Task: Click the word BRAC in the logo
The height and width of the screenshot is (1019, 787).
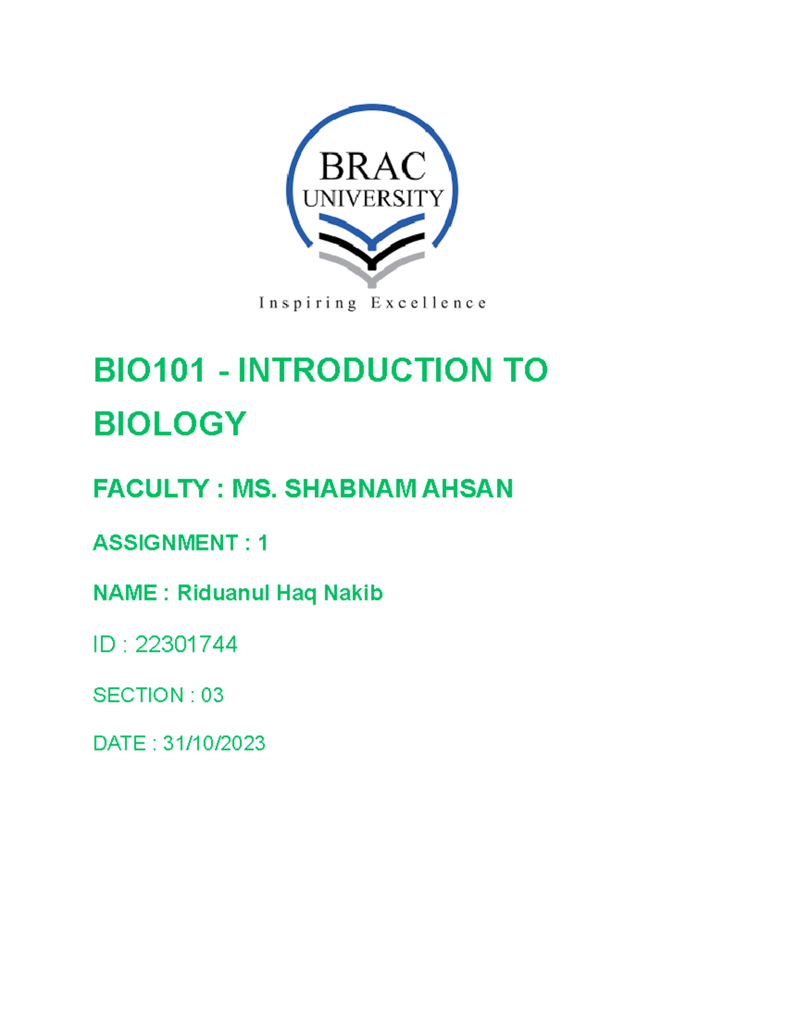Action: pyautogui.click(x=373, y=167)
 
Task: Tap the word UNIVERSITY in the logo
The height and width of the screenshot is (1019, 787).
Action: pyautogui.click(x=373, y=198)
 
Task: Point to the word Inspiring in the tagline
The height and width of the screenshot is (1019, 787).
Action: pyautogui.click(x=308, y=303)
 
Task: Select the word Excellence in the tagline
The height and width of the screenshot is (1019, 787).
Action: pyautogui.click(x=428, y=303)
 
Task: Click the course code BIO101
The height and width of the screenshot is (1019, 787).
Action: pyautogui.click(x=150, y=370)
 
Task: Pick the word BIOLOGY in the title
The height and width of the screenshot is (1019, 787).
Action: pyautogui.click(x=170, y=424)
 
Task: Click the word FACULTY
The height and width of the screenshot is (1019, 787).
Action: pyautogui.click(x=151, y=489)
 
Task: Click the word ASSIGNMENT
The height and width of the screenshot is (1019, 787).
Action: pyautogui.click(x=165, y=543)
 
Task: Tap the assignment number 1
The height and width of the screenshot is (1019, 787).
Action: pyautogui.click(x=262, y=543)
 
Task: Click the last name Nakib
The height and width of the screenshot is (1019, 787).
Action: pyautogui.click(x=353, y=593)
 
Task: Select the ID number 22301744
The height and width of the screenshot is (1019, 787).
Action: pyautogui.click(x=186, y=644)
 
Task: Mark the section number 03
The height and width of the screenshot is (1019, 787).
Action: pyautogui.click(x=212, y=695)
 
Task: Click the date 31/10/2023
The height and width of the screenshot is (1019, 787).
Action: pyautogui.click(x=214, y=743)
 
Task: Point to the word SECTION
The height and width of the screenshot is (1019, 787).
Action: pyautogui.click(x=138, y=695)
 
